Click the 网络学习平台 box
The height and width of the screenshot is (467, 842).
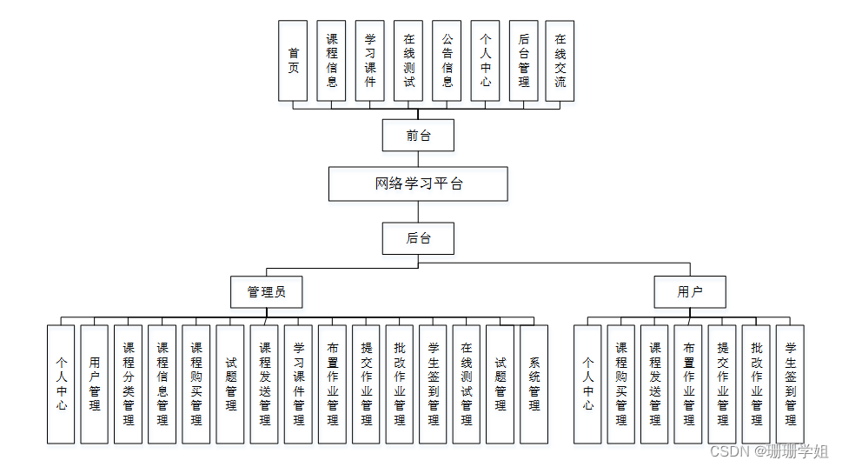coord(418,184)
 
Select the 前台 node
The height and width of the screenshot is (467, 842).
coord(418,136)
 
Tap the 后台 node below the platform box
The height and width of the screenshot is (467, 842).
coord(418,238)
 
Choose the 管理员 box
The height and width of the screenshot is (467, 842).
coord(267,292)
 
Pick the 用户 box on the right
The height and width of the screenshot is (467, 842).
coord(690,292)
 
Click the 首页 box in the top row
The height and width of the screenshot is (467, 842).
coord(294,61)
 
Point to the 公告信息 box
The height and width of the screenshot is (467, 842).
coord(447,61)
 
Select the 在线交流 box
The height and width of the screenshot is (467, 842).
coord(560,61)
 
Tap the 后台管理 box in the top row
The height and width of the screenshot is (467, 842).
coord(523,61)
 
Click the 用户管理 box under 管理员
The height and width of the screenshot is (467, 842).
coord(95,384)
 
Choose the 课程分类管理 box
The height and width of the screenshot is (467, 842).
coord(129,384)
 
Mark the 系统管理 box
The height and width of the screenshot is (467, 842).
coord(534,384)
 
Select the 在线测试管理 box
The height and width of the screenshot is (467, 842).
coord(467,384)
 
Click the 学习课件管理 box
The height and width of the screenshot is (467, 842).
coord(298,384)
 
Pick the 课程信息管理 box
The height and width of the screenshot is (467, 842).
coord(162,384)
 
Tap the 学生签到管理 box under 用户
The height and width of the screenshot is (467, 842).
coord(791,384)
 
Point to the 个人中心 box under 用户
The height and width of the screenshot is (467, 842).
coord(588,384)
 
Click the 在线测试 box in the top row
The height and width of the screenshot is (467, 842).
coord(408,61)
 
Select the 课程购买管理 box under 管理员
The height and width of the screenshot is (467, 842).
coord(196,384)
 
